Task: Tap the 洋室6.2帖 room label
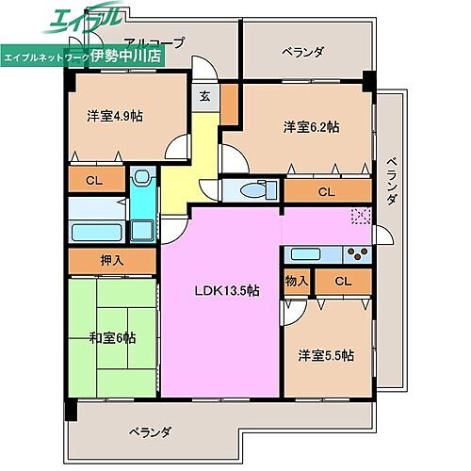(311, 126)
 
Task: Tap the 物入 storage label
(297, 281)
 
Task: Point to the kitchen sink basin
(307, 252)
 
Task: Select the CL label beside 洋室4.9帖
(94, 178)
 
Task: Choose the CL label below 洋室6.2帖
(325, 192)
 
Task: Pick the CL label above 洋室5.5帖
(342, 281)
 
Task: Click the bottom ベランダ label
(150, 432)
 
